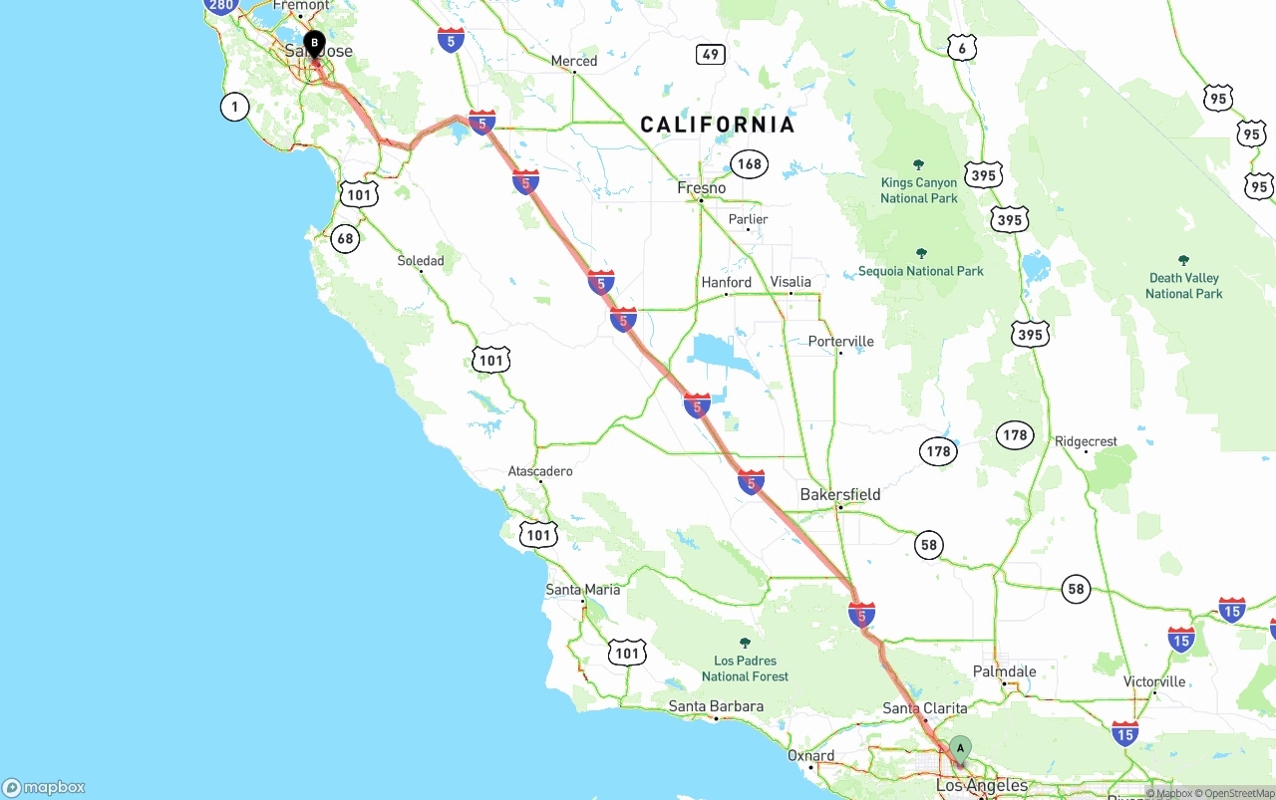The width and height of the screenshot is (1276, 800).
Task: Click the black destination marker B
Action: tap(314, 43)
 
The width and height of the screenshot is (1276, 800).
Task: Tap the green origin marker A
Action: tap(960, 748)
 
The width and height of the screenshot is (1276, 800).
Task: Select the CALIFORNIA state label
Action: tap(717, 125)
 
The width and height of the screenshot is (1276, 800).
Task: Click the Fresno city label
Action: tap(702, 188)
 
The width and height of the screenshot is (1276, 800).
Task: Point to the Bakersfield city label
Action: tap(840, 494)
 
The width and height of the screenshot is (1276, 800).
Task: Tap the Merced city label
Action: tap(574, 61)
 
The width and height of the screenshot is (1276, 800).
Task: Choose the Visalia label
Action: tap(791, 282)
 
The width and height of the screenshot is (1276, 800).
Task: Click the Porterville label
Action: tap(840, 341)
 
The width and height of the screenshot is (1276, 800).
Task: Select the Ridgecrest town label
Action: tap(1086, 441)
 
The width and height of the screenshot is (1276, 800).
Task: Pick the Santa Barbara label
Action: tap(716, 706)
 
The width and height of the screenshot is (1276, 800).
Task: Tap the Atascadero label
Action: tap(540, 470)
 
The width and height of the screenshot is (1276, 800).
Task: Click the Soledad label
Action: tap(421, 261)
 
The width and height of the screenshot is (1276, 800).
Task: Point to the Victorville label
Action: tap(1154, 681)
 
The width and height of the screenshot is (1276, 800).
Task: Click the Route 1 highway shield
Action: tap(234, 107)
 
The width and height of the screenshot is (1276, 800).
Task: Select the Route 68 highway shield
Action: tap(345, 238)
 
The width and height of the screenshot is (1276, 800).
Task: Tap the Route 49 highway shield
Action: tap(710, 54)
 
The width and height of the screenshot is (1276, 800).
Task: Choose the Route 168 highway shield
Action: tap(749, 164)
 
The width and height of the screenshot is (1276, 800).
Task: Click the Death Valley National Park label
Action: tap(1183, 285)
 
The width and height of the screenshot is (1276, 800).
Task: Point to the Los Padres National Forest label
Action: tap(745, 667)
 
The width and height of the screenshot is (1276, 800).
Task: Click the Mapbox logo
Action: tap(44, 787)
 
